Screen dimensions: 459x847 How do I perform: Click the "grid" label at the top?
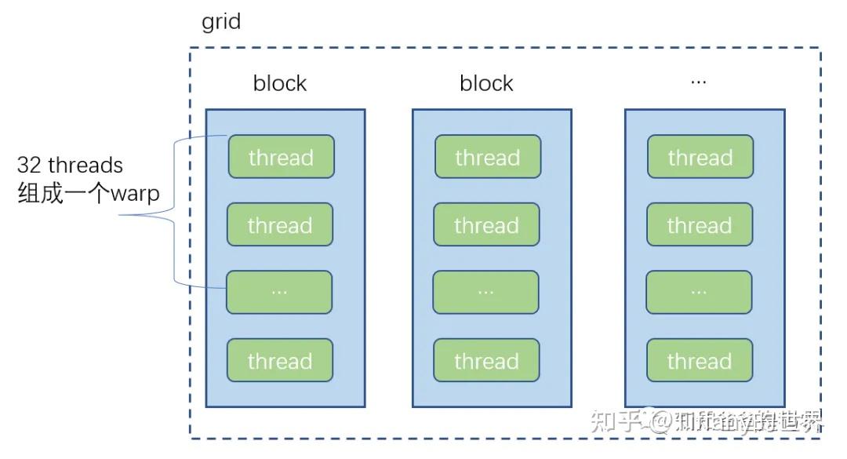pyautogui.click(x=221, y=21)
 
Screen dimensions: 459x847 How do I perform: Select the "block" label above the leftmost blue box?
pyautogui.click(x=280, y=83)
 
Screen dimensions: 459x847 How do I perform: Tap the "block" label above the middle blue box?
pyautogui.click(x=486, y=83)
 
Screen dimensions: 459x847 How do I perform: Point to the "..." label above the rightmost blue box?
pyautogui.click(x=698, y=82)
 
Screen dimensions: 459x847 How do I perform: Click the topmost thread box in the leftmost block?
pyautogui.click(x=281, y=157)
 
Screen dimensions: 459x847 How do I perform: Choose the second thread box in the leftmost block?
pyautogui.click(x=280, y=225)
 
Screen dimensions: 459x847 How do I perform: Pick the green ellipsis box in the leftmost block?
pyautogui.click(x=279, y=292)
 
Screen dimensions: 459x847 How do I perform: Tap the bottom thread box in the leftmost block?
pyautogui.click(x=280, y=361)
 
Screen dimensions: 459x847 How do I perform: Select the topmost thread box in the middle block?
pyautogui.click(x=487, y=157)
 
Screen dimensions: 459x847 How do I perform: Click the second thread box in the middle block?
pyautogui.click(x=486, y=225)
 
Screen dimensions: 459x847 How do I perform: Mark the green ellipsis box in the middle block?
pyautogui.click(x=485, y=292)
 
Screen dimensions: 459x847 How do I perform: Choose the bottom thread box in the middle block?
pyautogui.click(x=486, y=361)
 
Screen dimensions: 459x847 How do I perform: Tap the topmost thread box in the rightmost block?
pyautogui.click(x=700, y=157)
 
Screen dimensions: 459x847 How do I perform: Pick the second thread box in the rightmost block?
pyautogui.click(x=699, y=225)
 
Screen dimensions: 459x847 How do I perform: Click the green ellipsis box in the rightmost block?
pyautogui.click(x=699, y=292)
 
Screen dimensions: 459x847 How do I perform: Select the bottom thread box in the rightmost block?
pyautogui.click(x=699, y=361)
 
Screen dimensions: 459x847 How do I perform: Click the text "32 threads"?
pyautogui.click(x=71, y=166)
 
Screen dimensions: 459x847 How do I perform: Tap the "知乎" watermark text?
pyautogui.click(x=616, y=421)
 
